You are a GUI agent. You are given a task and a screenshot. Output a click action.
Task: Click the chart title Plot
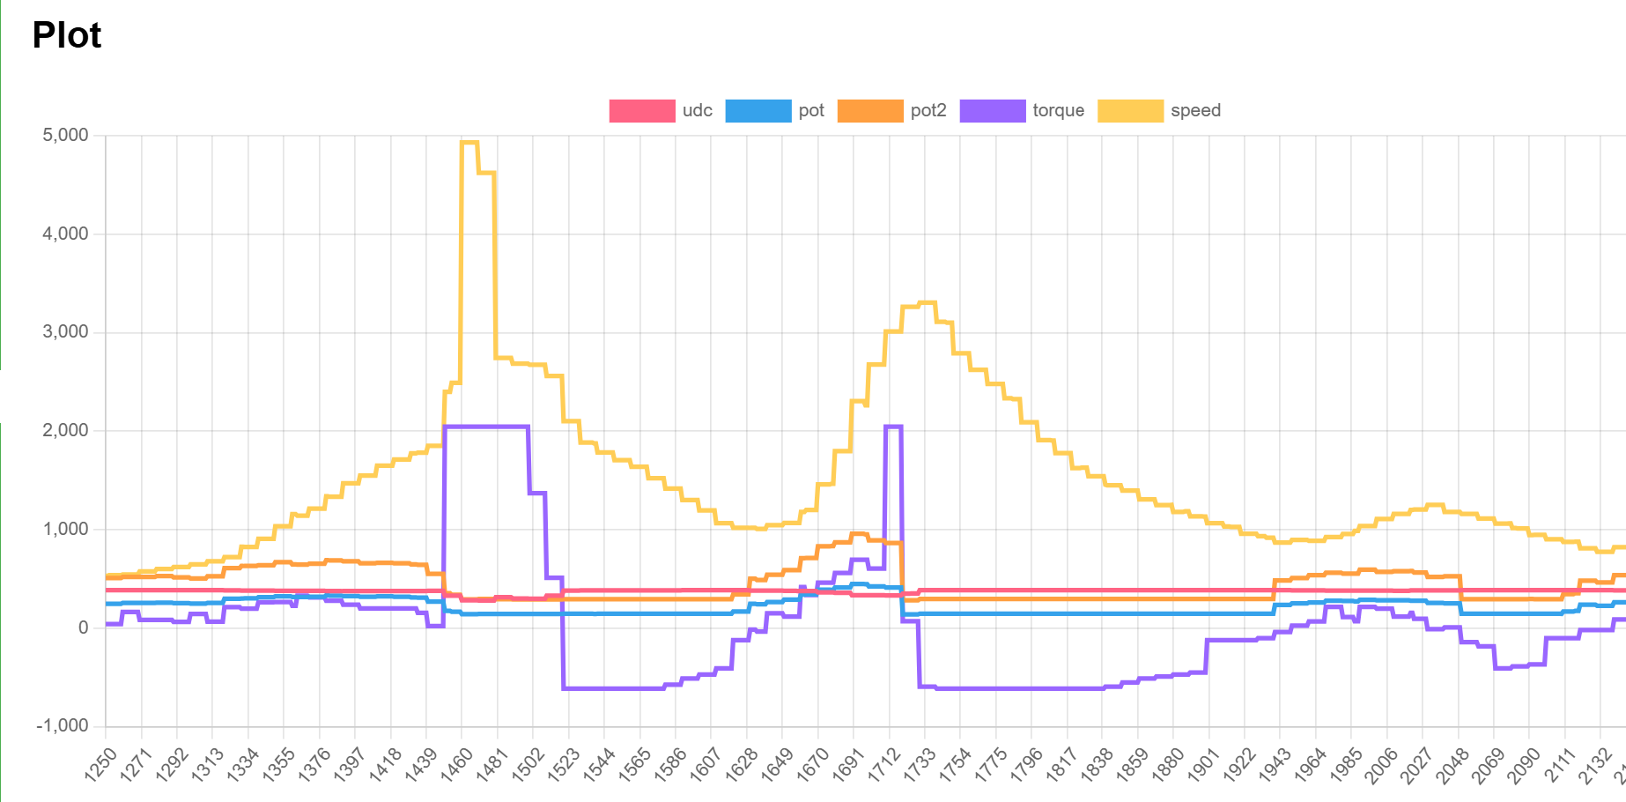pyautogui.click(x=67, y=35)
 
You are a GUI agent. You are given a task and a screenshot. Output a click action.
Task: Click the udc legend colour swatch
pyautogui.click(x=641, y=111)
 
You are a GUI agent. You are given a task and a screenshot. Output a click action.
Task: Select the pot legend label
pyautogui.click(x=811, y=111)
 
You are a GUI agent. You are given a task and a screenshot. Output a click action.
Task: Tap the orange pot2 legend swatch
pyautogui.click(x=869, y=111)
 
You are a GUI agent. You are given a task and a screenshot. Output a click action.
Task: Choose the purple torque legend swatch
pyautogui.click(x=992, y=111)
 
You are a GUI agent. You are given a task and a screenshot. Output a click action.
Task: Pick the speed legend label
pyautogui.click(x=1195, y=111)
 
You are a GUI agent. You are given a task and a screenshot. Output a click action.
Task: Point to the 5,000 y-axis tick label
pyautogui.click(x=66, y=135)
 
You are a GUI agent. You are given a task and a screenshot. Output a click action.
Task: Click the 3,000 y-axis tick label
pyautogui.click(x=66, y=332)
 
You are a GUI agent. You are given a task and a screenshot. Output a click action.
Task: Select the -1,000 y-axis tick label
pyautogui.click(x=63, y=725)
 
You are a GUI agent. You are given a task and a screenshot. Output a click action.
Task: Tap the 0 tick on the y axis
pyautogui.click(x=84, y=627)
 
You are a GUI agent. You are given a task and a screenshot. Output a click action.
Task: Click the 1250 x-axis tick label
pyautogui.click(x=100, y=763)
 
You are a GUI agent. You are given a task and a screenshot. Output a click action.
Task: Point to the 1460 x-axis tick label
pyautogui.click(x=455, y=763)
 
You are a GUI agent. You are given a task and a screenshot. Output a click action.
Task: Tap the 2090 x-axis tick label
pyautogui.click(x=1523, y=763)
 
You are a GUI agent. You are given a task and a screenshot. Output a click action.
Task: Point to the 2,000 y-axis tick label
pyautogui.click(x=66, y=430)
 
